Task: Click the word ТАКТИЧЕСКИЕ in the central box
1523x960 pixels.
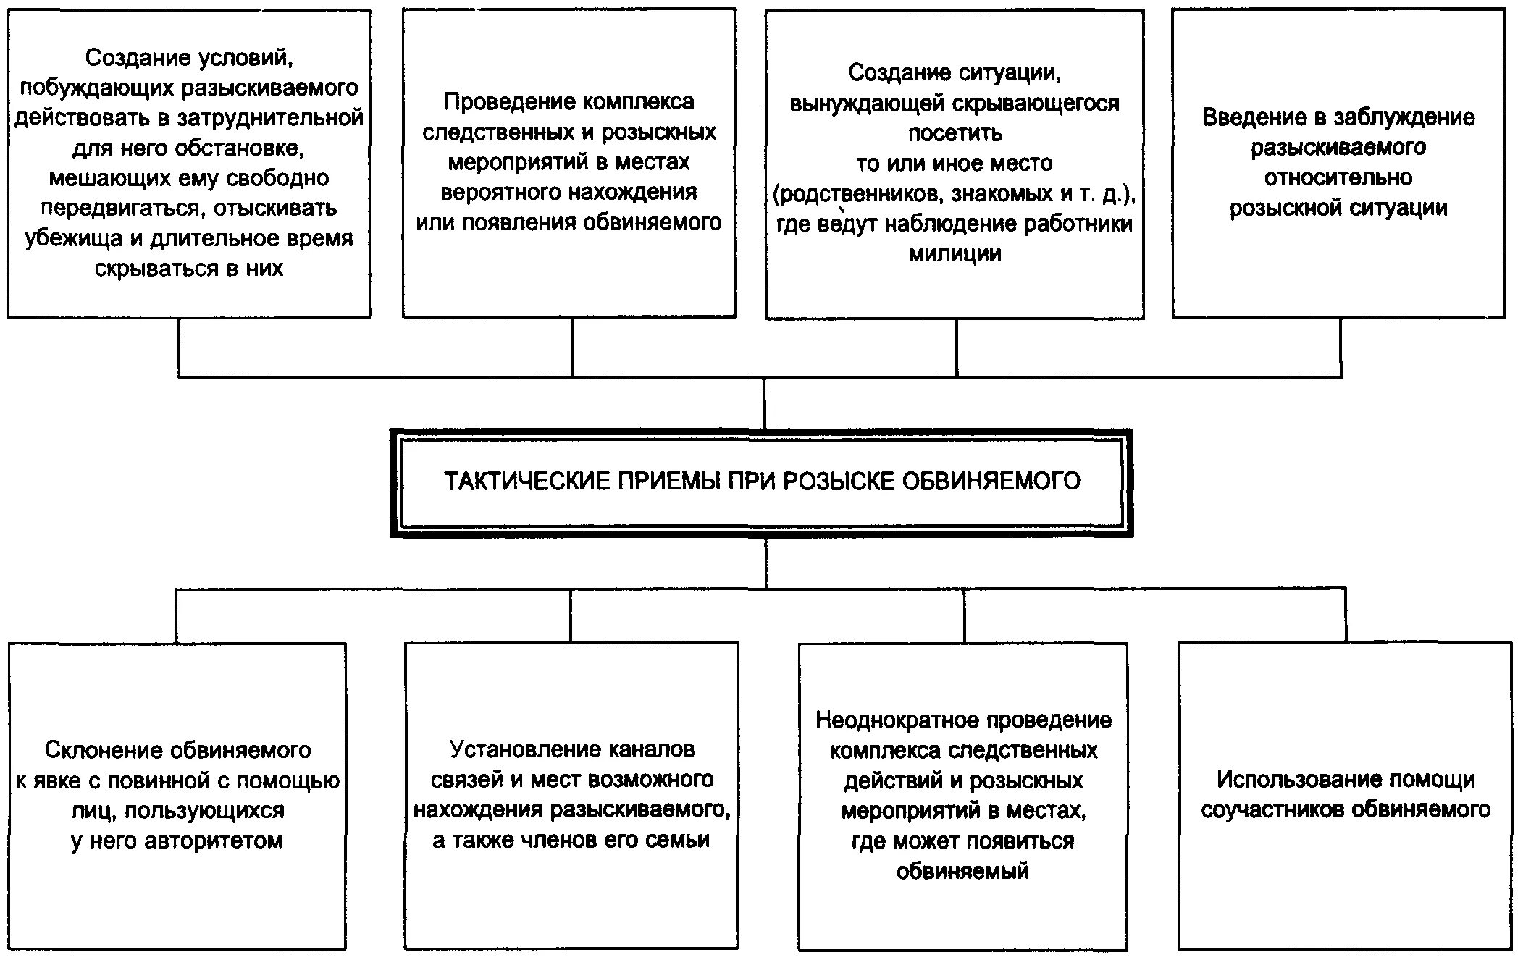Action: point(526,481)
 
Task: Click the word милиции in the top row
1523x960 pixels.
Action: point(955,254)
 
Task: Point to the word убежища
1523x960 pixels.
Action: point(73,239)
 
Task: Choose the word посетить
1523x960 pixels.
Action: point(955,133)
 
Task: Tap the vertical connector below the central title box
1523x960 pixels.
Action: point(766,563)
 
